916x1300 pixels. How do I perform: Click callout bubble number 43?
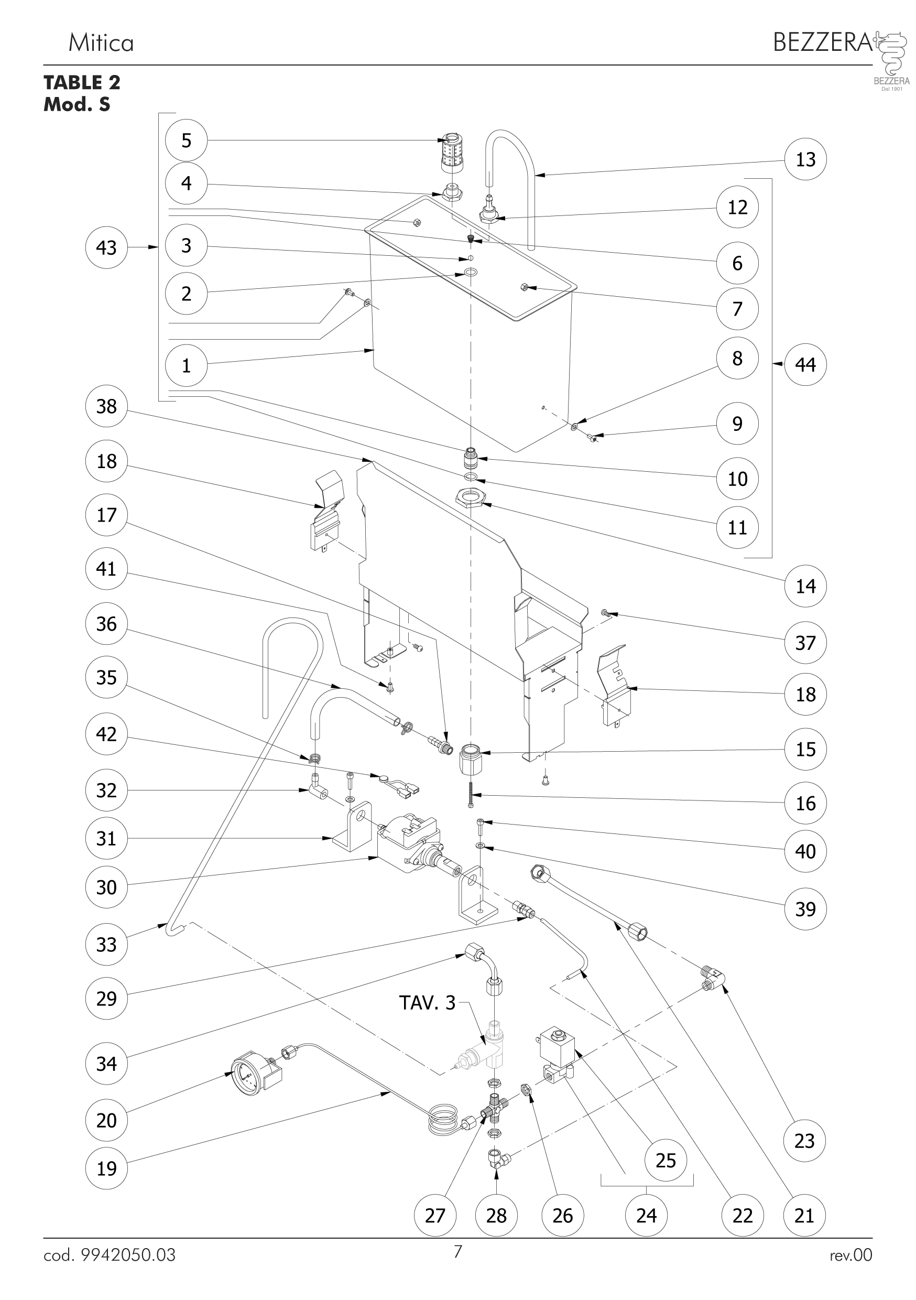coord(106,247)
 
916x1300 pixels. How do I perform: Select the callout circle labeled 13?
coord(805,160)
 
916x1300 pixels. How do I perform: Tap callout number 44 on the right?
coord(805,365)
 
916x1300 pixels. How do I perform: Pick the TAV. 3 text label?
coord(427,1003)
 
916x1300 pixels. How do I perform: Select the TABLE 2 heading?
coord(82,83)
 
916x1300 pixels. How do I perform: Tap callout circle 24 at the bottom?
coord(646,1216)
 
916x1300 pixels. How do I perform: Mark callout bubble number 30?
coord(106,887)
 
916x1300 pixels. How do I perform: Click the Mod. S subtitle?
coord(77,105)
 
